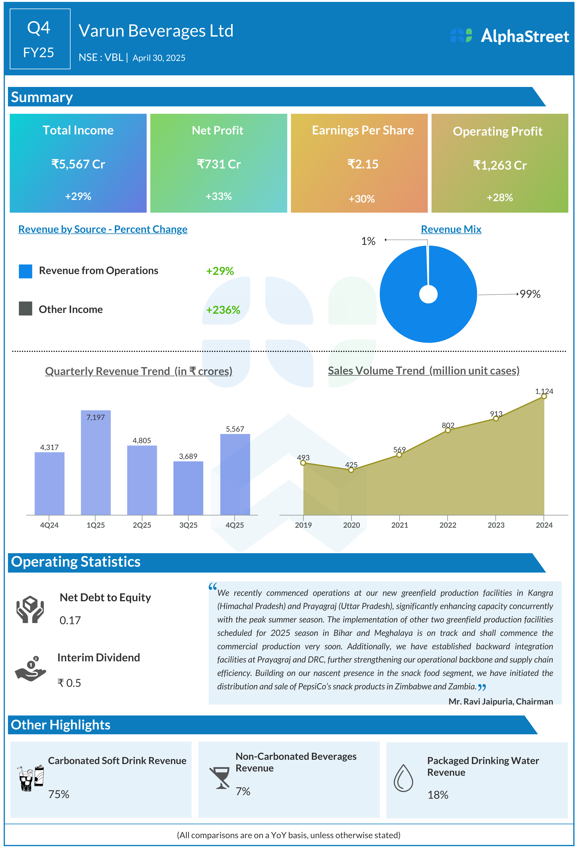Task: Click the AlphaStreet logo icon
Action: [461, 36]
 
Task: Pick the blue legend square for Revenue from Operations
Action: [26, 271]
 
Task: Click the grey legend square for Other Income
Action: [26, 309]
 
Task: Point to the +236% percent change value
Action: [223, 310]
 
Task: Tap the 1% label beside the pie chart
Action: [368, 241]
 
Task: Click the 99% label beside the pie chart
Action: [530, 294]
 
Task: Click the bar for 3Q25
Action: [188, 489]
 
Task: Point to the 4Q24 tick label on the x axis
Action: [49, 525]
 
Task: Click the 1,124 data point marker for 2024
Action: [544, 396]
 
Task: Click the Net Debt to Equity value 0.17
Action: [70, 620]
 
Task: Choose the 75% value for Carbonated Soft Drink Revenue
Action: [59, 794]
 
